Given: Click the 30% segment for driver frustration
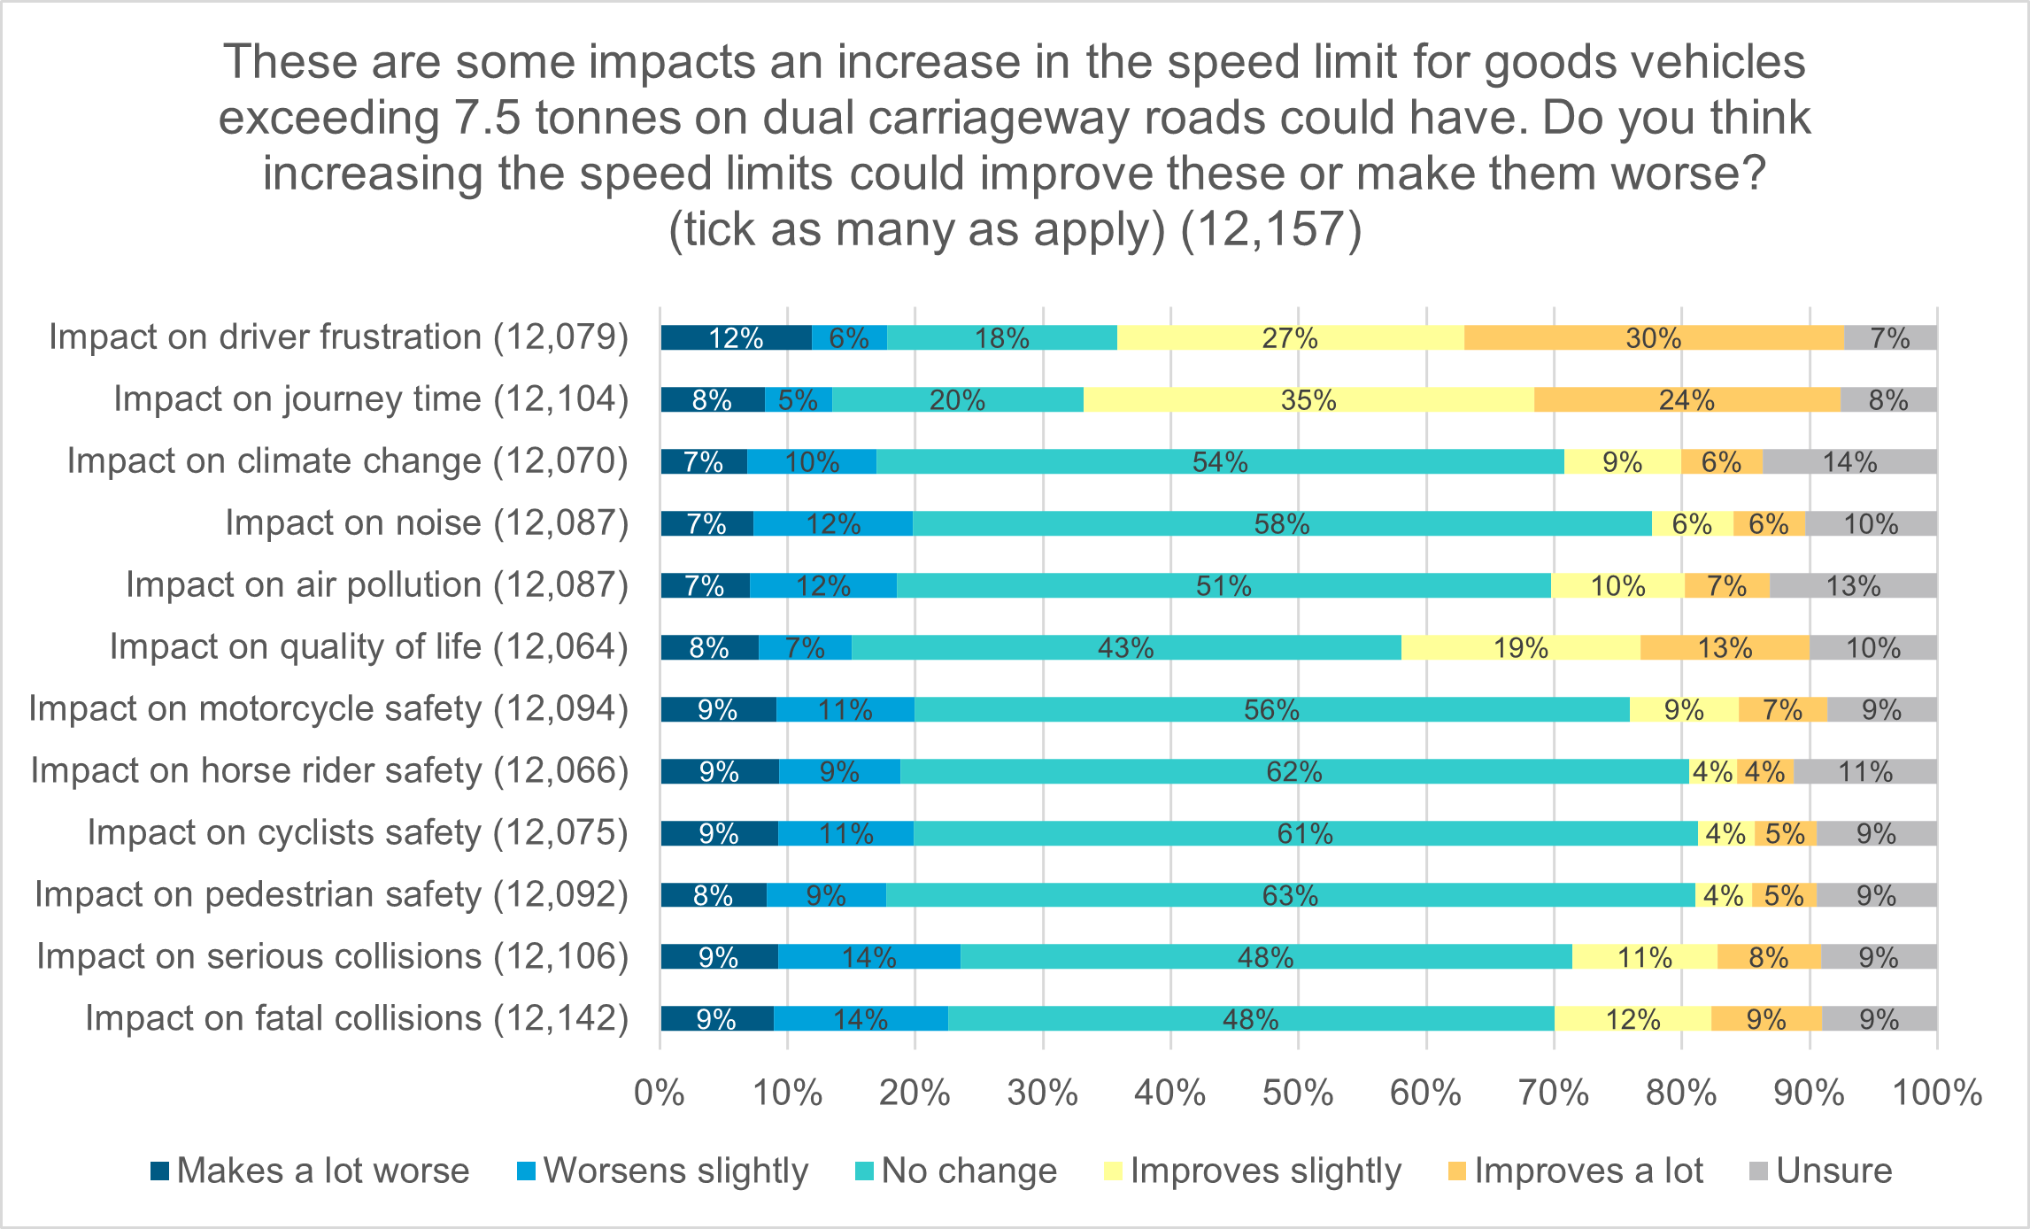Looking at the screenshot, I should (x=1653, y=338).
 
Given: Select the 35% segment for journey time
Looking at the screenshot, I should (x=1308, y=400).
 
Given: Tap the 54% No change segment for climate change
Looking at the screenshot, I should (x=1219, y=462).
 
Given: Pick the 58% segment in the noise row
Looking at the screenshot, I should (x=1281, y=524).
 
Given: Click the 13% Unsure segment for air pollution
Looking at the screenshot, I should (x=1852, y=586).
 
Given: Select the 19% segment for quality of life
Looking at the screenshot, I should (x=1520, y=648).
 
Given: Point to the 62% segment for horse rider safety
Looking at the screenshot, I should (x=1293, y=772).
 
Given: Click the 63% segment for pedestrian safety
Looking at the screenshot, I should (x=1290, y=896).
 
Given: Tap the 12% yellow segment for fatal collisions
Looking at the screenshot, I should (x=1632, y=1020).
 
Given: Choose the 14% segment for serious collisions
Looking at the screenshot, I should (x=868, y=958).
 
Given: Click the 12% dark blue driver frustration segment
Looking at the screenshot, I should (x=736, y=338).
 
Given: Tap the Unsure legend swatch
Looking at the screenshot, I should (x=1758, y=1171).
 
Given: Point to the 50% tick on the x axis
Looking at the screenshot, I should (x=1298, y=1094).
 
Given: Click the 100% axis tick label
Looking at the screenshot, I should (x=1936, y=1094).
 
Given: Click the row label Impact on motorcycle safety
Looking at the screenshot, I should (x=328, y=709).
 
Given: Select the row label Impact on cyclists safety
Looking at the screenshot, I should (x=358, y=833).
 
